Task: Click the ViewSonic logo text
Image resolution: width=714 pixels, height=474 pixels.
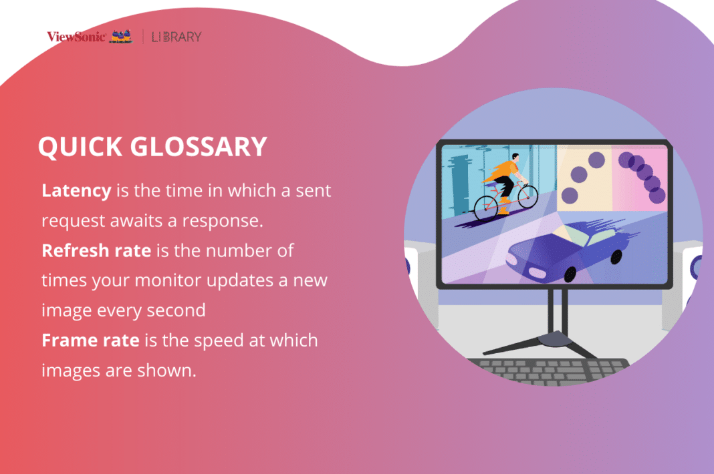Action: pos(76,37)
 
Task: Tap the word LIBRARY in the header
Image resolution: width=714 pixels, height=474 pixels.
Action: pos(176,37)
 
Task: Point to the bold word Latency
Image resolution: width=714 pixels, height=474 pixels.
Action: pos(76,190)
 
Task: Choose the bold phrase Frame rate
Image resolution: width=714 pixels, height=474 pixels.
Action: pos(90,340)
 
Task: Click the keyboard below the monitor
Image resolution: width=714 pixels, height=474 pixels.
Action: pos(548,371)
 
